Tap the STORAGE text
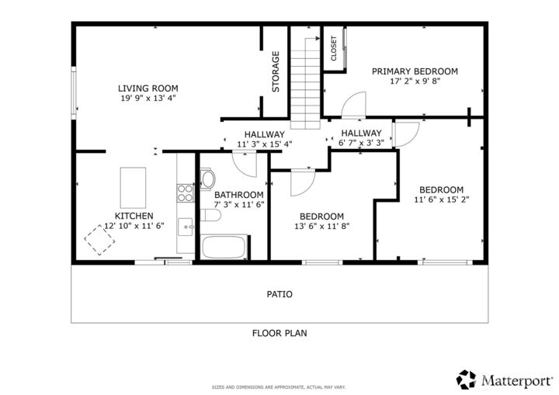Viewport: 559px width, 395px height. coord(276,71)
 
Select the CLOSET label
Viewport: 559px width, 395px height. coord(334,48)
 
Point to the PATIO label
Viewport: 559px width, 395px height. coord(279,294)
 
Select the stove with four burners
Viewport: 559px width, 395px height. coord(185,192)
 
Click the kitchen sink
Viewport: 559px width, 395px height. coord(185,227)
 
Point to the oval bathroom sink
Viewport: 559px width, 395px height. coord(208,179)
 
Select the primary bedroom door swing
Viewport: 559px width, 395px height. coord(356,105)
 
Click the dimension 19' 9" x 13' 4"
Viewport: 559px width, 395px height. coord(148,99)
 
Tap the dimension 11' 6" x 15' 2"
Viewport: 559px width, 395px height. coord(441,199)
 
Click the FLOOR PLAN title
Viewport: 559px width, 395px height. coord(279,333)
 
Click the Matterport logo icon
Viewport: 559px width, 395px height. coord(466,379)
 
